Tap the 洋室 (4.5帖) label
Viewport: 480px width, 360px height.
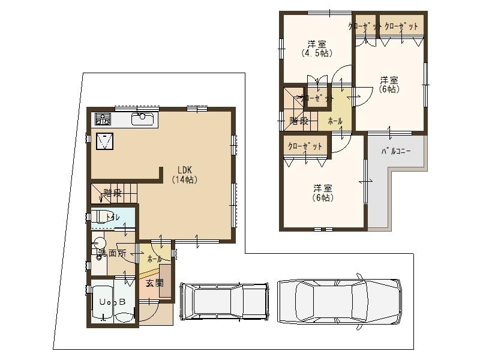coord(316,49)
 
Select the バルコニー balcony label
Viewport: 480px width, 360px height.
coord(396,151)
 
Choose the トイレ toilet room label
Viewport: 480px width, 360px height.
coord(113,217)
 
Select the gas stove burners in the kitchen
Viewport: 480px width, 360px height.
coord(103,119)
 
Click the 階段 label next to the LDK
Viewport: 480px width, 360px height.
coord(112,193)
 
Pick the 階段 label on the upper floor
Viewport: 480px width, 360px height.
coord(299,121)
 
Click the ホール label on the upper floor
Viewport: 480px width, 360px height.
coord(335,121)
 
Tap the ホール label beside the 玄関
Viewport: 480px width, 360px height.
coord(154,259)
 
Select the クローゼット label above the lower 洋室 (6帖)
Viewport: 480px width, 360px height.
coord(305,146)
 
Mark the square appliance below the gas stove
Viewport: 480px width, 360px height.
coord(105,140)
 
